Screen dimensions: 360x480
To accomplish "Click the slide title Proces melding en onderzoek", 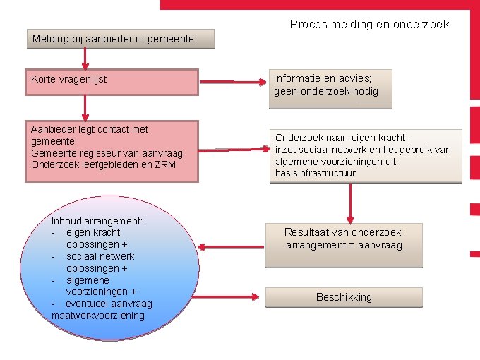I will [x=369, y=24].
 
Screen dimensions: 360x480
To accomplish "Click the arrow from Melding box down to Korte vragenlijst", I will [x=85, y=58].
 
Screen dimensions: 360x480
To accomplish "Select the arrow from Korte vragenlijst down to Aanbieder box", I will [x=85, y=107].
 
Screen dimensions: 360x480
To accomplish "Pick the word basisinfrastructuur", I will [x=316, y=173].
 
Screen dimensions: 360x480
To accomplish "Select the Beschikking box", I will [x=344, y=297].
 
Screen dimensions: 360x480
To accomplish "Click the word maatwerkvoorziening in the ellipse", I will [x=98, y=316].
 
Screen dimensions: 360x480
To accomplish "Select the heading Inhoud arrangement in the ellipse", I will [x=97, y=221].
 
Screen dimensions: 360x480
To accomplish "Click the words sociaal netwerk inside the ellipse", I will [x=100, y=256].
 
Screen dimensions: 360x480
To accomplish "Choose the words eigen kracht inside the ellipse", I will [x=92, y=232].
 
